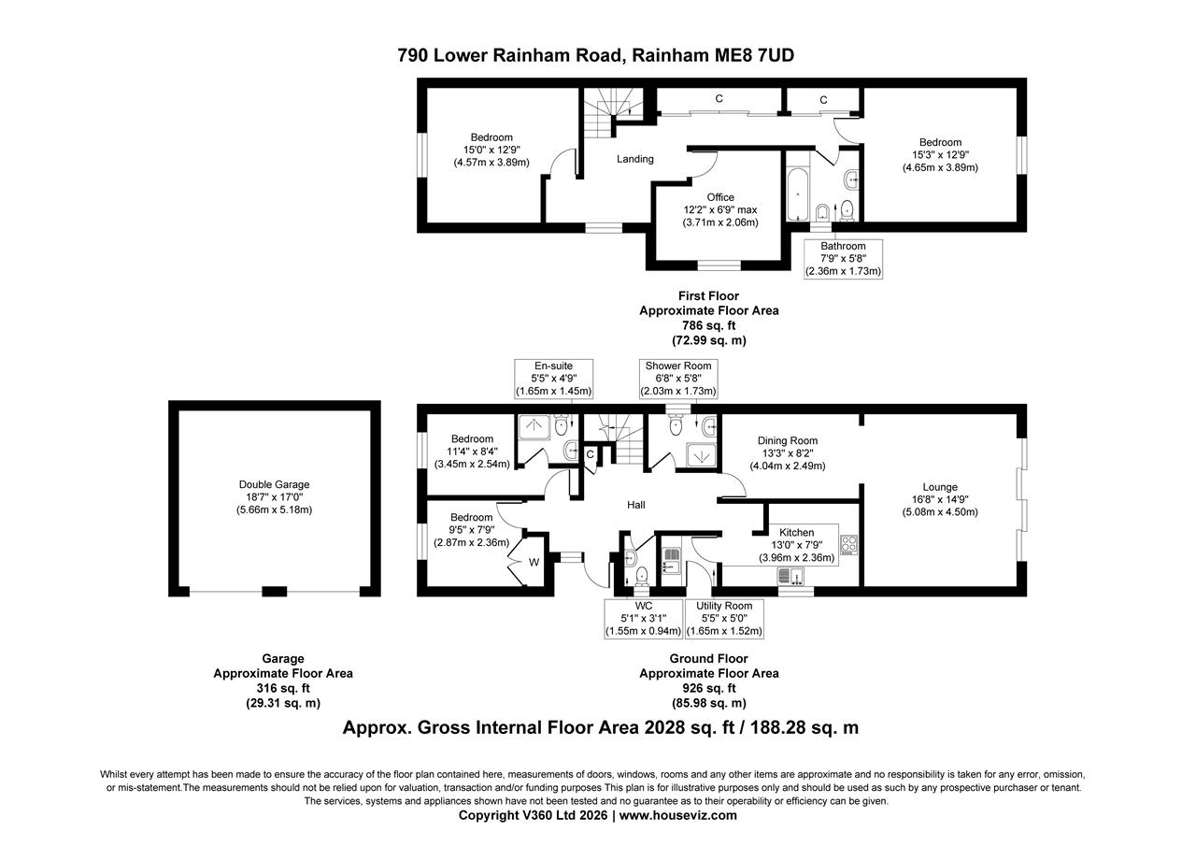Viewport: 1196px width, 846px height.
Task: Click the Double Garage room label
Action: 274,485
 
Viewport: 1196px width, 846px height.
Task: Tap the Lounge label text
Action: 939,487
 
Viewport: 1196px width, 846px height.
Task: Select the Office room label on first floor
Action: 719,197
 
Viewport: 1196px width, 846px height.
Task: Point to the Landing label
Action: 634,159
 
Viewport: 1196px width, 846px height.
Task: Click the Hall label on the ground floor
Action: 636,505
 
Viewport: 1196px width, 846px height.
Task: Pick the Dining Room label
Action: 787,441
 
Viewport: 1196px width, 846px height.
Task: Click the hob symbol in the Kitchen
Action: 848,544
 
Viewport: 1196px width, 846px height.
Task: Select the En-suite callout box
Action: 553,379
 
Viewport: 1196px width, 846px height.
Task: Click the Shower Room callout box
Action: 677,379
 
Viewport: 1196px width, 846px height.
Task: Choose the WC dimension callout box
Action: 644,619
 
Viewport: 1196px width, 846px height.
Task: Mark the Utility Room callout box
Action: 724,619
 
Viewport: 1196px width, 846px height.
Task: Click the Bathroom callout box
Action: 843,259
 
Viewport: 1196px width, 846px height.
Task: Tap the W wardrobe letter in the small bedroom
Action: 534,562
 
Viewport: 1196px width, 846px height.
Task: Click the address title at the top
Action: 596,55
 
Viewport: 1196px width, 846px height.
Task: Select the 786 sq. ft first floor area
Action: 708,325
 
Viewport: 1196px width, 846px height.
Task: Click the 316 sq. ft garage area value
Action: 282,688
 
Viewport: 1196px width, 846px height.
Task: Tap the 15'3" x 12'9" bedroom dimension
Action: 939,155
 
